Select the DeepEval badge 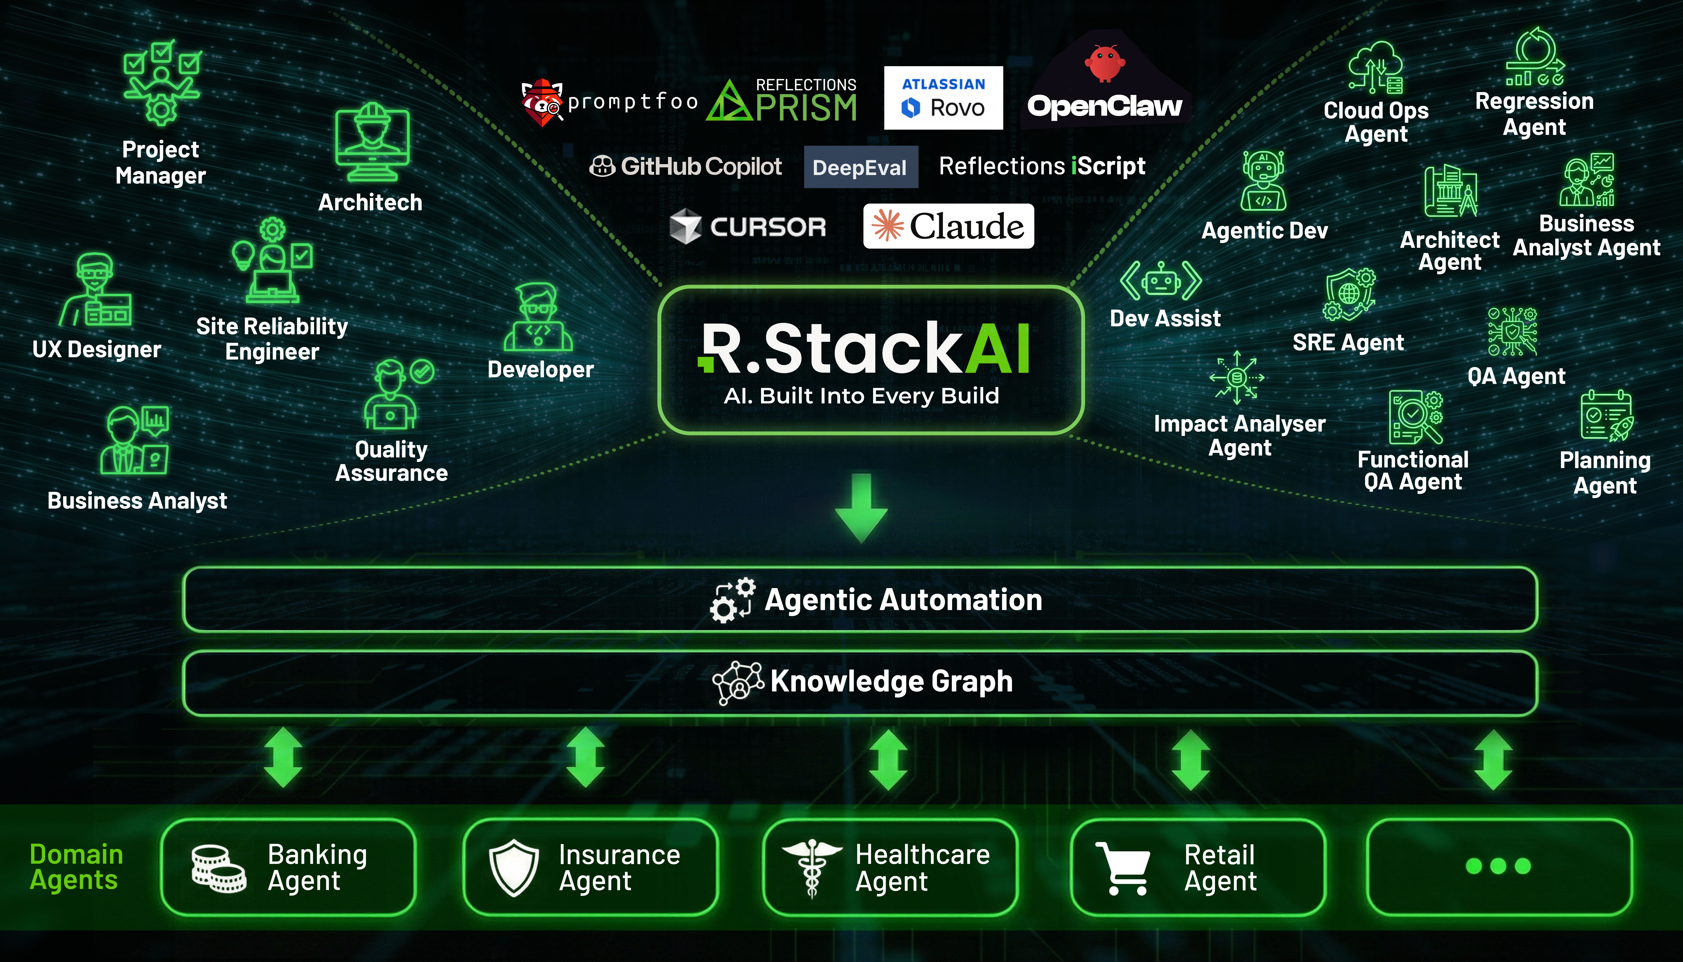click(x=860, y=167)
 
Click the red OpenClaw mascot click(x=1104, y=63)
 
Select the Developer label click(x=540, y=369)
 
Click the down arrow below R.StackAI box click(x=861, y=508)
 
